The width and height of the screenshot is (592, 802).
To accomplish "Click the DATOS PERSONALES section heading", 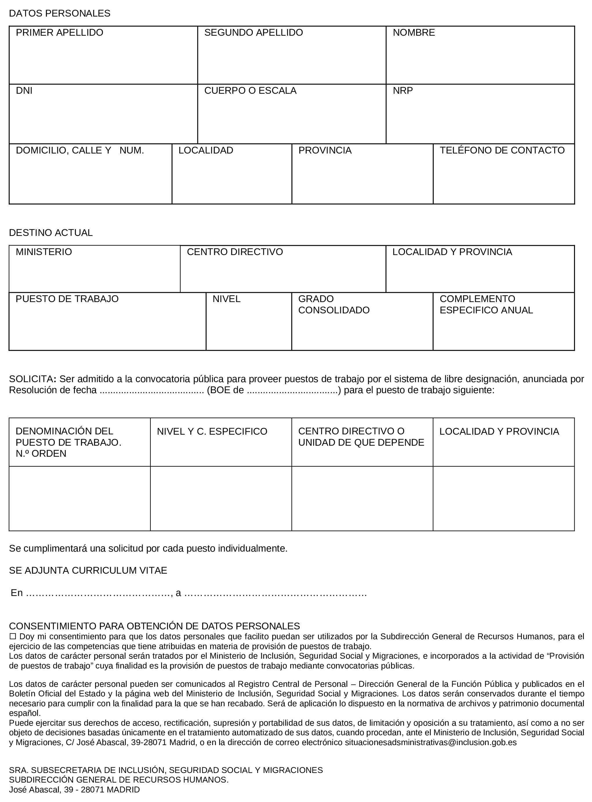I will (59, 14).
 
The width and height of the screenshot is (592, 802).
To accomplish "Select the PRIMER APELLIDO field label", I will (59, 32).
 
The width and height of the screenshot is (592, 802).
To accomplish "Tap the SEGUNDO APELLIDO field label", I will (253, 32).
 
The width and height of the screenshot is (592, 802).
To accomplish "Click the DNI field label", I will (24, 91).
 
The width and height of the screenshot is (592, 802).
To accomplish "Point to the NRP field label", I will (402, 91).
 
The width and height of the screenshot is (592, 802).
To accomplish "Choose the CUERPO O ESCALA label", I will (250, 91).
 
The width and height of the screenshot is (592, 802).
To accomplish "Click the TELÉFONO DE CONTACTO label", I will (502, 150).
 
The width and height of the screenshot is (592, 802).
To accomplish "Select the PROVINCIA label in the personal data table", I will (325, 150).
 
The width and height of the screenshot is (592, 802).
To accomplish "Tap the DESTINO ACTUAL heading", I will (50, 233).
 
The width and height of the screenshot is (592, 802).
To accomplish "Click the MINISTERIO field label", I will (44, 252).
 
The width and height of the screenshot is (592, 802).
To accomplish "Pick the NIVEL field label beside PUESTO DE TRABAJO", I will (226, 299).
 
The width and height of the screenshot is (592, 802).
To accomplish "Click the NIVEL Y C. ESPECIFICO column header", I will (212, 431).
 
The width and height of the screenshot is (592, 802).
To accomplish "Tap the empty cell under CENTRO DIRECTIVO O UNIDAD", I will (362, 498).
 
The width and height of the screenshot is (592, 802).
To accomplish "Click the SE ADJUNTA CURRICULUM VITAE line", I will (88, 571).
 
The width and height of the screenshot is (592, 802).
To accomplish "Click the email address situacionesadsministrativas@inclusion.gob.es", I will (431, 743).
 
